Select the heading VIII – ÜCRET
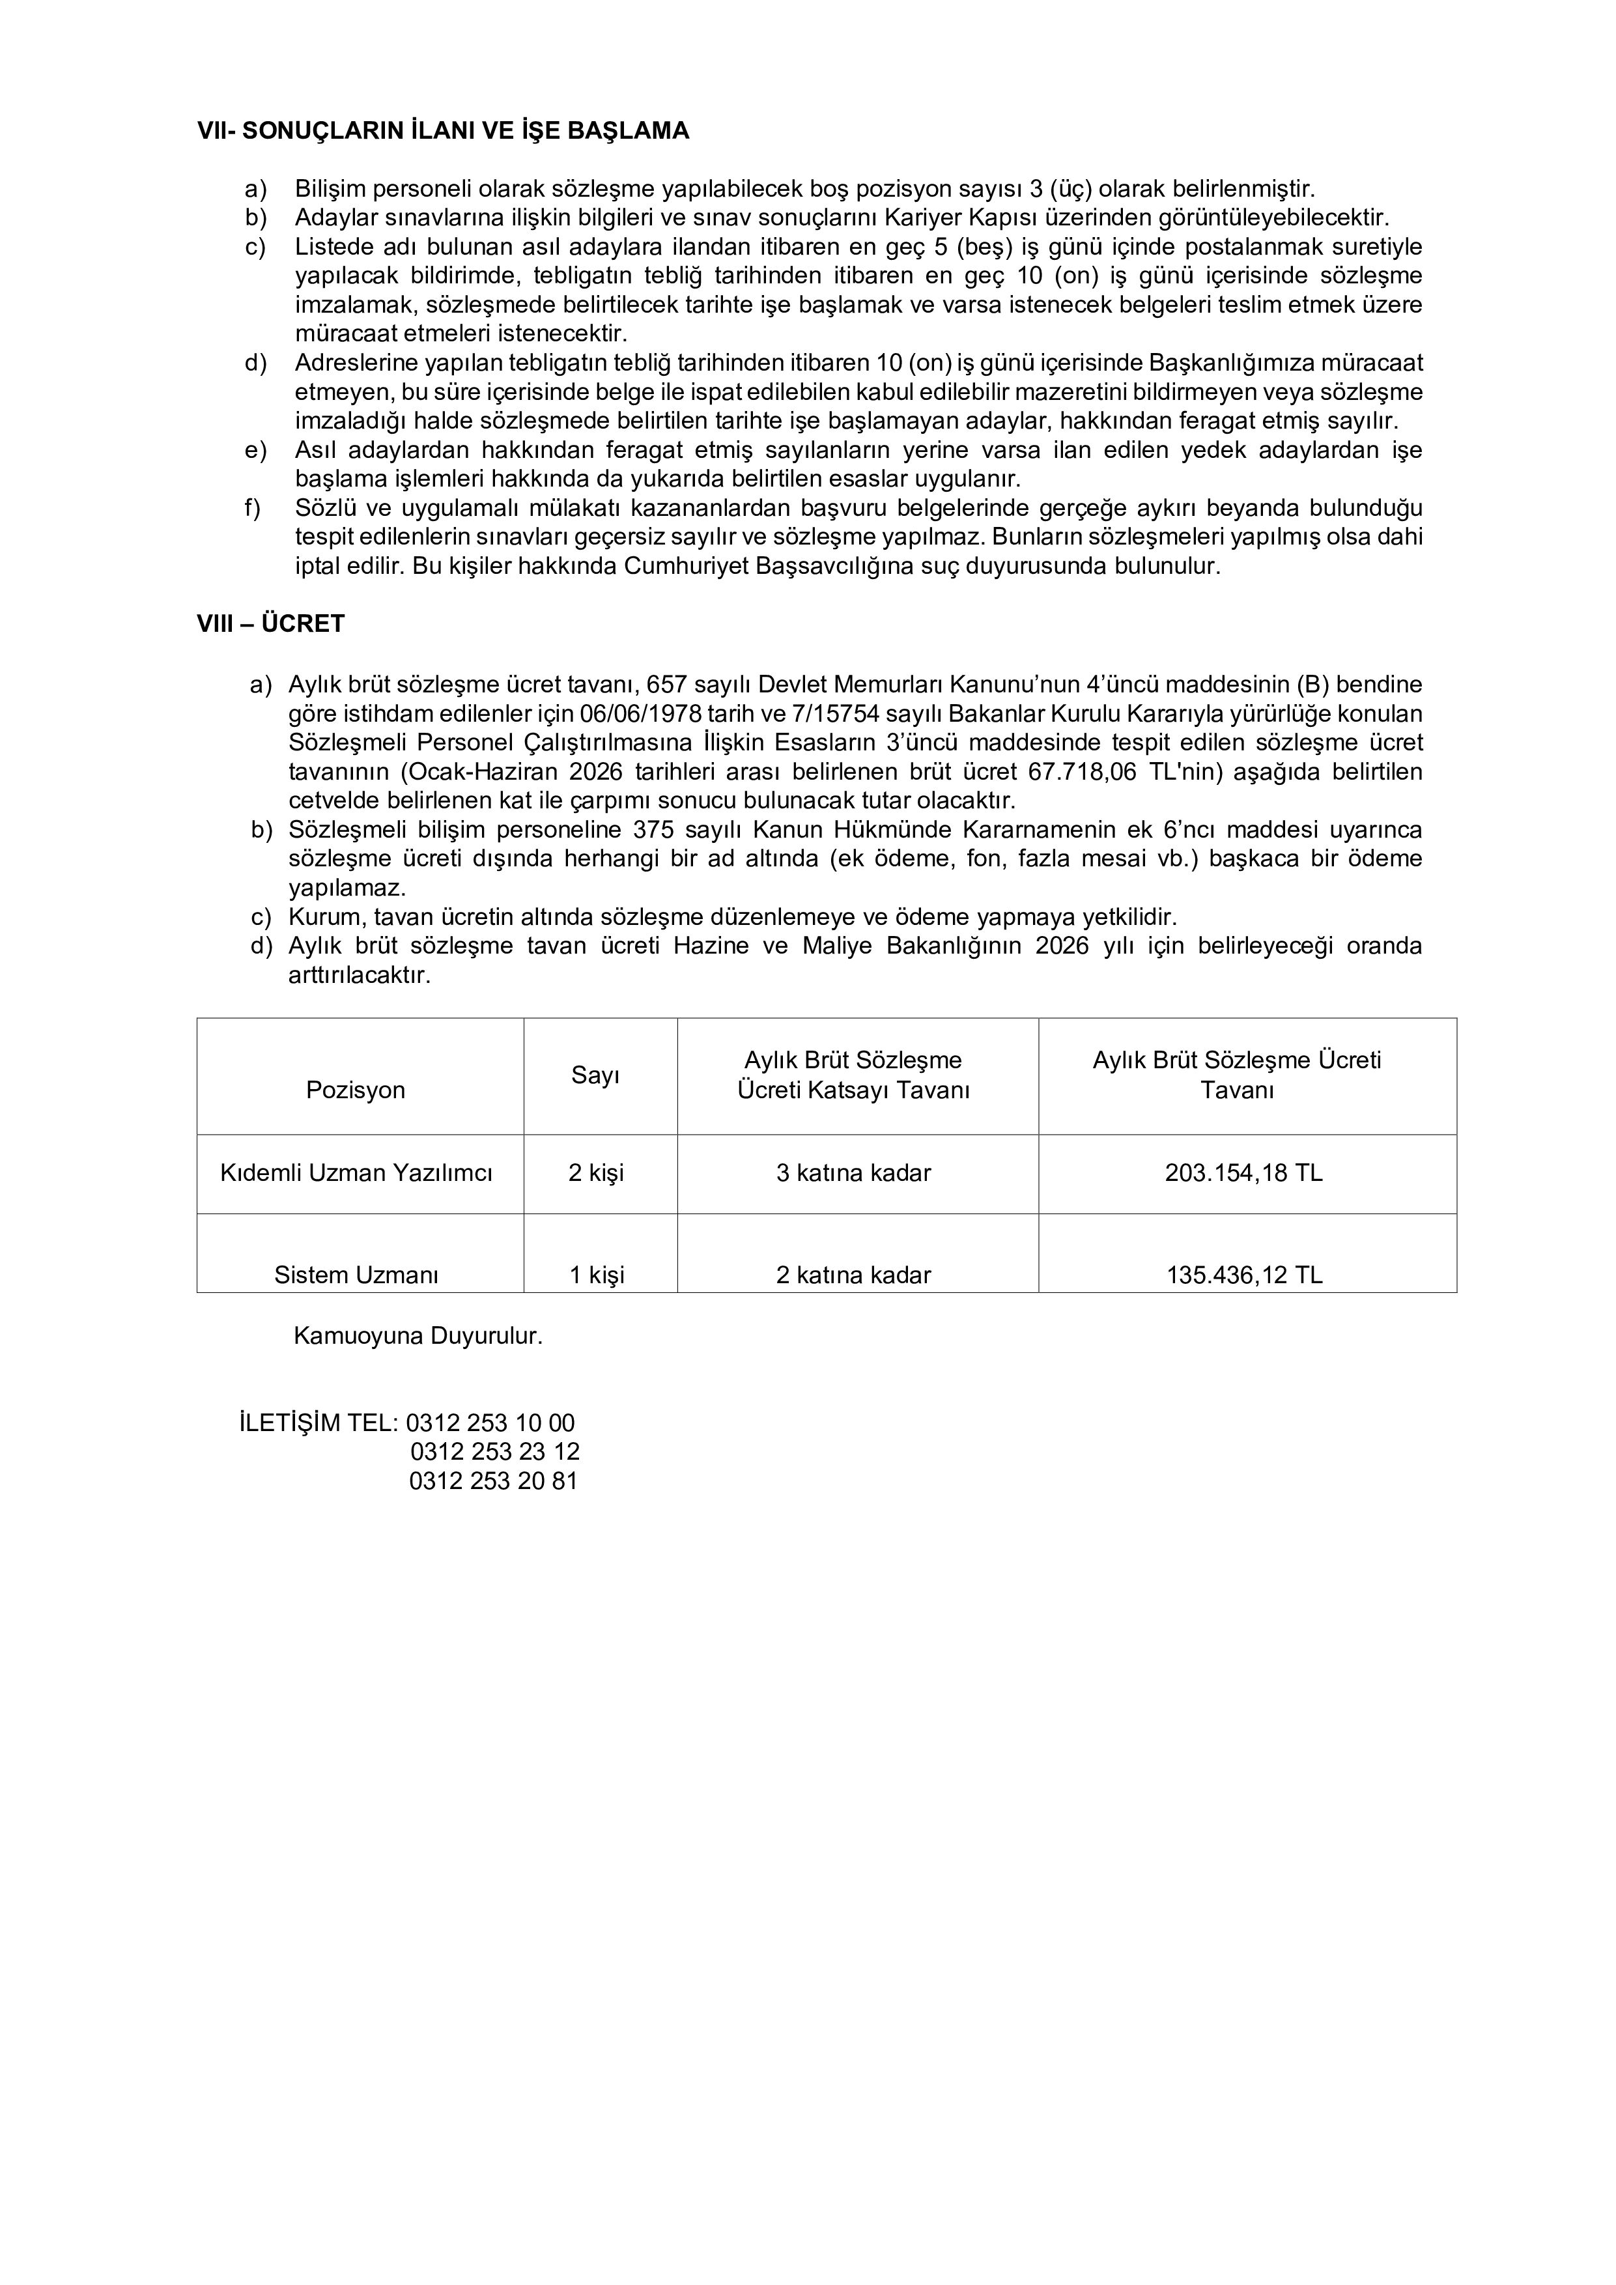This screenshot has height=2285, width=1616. pos(271,624)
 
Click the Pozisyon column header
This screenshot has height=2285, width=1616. pos(355,1090)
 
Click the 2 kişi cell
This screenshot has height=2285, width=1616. pos(596,1173)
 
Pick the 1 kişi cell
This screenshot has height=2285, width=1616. pos(596,1275)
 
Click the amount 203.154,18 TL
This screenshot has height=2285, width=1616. pos(1244,1173)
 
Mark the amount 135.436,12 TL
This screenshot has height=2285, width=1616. pos(1244,1275)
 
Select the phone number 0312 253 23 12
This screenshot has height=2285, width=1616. pos(494,1452)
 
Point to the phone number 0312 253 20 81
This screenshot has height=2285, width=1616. pos(494,1481)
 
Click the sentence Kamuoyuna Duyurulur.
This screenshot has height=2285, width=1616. pos(418,1335)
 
